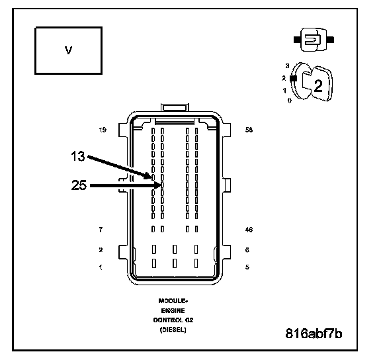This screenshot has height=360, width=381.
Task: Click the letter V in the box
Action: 69,50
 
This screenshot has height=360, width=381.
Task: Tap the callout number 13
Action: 78,156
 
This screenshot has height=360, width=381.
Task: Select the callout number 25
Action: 79,185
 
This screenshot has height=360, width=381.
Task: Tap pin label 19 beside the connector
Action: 103,130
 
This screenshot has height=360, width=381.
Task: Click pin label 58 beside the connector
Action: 249,130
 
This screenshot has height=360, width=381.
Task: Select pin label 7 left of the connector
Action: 101,230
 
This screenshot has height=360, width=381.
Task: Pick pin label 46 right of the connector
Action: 249,230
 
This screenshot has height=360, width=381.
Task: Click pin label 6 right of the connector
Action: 247,250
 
